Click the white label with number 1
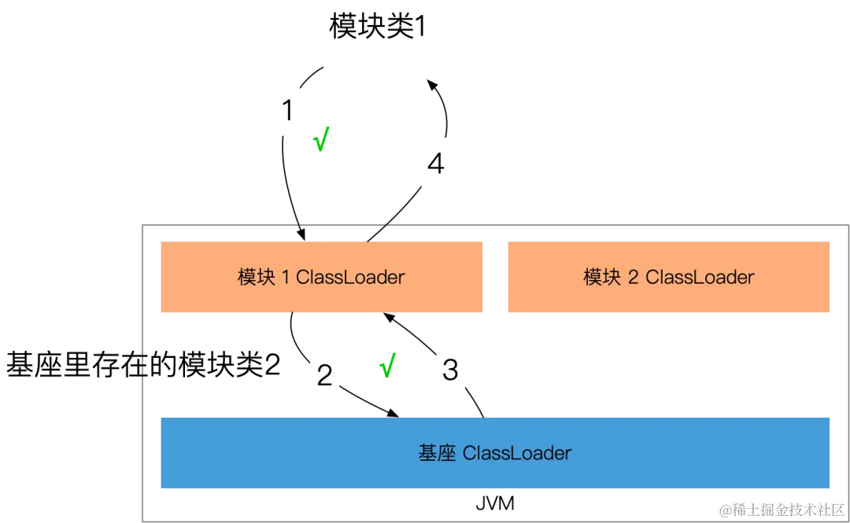[287, 110]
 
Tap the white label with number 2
[324, 375]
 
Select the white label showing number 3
[450, 369]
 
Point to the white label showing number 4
[435, 164]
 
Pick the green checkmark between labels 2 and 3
[387, 366]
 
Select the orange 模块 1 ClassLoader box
[320, 277]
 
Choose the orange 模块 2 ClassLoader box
[667, 277]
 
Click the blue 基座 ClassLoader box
[494, 453]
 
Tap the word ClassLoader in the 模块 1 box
[350, 277]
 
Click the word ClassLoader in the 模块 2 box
[700, 277]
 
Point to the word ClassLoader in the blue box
[517, 453]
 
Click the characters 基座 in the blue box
[437, 453]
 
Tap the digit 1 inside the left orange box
[286, 277]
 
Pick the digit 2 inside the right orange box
[634, 277]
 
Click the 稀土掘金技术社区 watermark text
[787, 508]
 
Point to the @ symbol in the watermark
[724, 509]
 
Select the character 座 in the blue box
[447, 453]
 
